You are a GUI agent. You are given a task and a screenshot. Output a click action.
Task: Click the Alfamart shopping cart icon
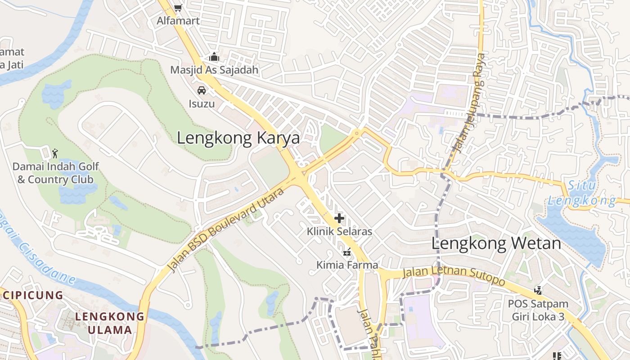click(x=178, y=8)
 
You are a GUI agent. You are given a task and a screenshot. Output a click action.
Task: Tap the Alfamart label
click(x=178, y=21)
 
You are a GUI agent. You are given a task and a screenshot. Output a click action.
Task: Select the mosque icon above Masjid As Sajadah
click(x=214, y=57)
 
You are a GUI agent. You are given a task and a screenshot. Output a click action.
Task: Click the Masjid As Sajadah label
click(x=214, y=70)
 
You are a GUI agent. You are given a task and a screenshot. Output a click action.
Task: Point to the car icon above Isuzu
click(x=202, y=90)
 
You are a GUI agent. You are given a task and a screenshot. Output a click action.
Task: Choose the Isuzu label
click(x=202, y=104)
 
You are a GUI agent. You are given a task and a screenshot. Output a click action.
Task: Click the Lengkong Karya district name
click(x=238, y=138)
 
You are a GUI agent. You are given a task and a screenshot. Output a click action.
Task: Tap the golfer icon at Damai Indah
click(x=55, y=153)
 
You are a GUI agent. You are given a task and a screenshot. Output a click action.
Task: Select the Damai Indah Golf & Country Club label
click(x=55, y=173)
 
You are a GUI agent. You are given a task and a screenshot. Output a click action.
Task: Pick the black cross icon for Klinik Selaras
click(x=339, y=219)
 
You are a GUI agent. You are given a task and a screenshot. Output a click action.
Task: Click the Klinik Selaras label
click(x=339, y=232)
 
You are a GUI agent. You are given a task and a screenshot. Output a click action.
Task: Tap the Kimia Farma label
click(x=347, y=265)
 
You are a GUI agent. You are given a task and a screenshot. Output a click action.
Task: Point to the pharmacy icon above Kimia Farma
click(x=347, y=252)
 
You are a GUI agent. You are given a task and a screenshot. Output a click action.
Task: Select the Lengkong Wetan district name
click(x=496, y=244)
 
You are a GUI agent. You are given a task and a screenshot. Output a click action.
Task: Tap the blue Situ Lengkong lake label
click(x=581, y=193)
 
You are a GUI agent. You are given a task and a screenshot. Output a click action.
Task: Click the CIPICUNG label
click(x=33, y=296)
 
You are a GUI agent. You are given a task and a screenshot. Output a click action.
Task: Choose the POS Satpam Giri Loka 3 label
click(x=538, y=310)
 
